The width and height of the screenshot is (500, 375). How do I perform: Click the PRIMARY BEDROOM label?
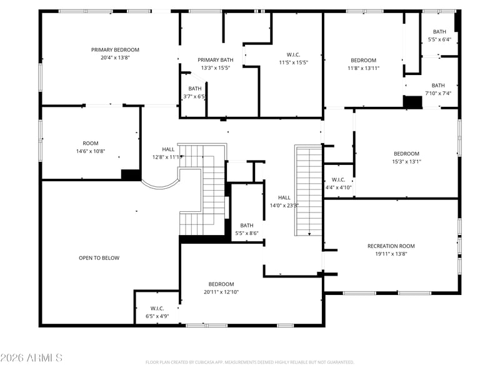tap(115, 50)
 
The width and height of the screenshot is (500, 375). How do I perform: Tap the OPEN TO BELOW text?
tap(99, 258)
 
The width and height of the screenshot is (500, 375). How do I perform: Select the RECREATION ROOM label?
tap(391, 246)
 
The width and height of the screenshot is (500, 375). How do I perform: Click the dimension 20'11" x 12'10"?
tap(221, 292)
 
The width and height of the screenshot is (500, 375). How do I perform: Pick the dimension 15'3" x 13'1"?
tap(406, 162)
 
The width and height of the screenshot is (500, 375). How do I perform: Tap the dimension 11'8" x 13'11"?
tap(363, 68)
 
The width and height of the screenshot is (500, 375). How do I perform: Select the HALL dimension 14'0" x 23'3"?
tap(284, 205)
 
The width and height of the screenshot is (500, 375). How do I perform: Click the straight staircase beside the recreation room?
tap(308, 191)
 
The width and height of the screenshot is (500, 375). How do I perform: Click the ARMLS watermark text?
tap(31, 358)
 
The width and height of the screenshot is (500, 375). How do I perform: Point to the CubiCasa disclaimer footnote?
tap(250, 362)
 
